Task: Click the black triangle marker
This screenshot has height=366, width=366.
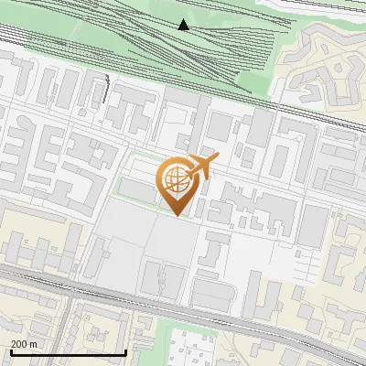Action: [x=184, y=25]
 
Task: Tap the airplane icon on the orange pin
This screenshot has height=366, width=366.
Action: [x=201, y=167]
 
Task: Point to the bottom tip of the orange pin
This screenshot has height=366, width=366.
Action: [x=177, y=216]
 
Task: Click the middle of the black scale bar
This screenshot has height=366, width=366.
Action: [x=68, y=352]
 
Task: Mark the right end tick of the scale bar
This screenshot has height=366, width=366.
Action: [x=125, y=351]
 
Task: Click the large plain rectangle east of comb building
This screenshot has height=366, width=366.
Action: [x=313, y=225]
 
